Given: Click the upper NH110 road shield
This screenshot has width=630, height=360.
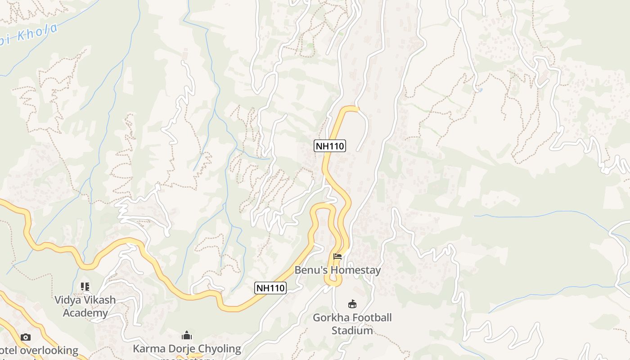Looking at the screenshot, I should point(329,146).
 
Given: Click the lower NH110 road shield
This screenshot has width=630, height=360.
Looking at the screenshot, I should point(270,288).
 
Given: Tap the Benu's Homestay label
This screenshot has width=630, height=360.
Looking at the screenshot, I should point(337,270).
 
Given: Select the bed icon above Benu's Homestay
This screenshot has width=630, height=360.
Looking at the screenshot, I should point(337,257).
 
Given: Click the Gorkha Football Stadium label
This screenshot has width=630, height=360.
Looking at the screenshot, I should point(352,324).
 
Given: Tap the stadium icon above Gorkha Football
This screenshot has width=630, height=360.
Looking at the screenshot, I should point(352,304).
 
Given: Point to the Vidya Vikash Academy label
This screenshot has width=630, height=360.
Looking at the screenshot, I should point(85,306).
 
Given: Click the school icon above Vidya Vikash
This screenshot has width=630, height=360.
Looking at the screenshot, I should point(85,286).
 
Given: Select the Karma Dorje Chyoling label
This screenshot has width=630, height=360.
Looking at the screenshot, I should point(187,349).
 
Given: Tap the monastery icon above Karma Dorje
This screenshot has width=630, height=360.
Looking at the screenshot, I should point(187,335).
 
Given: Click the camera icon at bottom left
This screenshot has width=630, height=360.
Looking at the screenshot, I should point(26,337).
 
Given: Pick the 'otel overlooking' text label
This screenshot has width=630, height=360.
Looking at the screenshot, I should point(39,350).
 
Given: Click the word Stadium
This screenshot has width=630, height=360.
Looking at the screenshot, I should point(352,330).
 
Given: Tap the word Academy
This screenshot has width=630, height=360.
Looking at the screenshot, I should point(85,313).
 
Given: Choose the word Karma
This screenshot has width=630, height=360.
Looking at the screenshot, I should point(150,349).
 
